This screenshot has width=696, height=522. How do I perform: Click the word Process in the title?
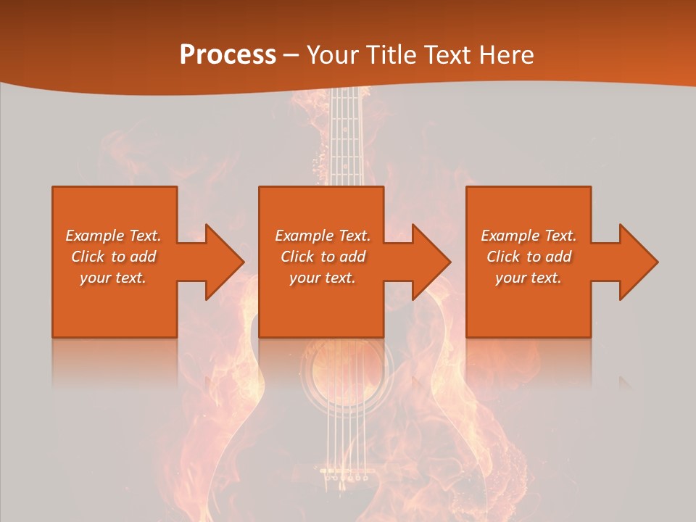pyautogui.click(x=228, y=54)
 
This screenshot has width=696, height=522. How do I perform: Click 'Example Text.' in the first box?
pyautogui.click(x=113, y=236)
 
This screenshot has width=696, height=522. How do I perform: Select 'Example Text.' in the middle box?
pyautogui.click(x=323, y=236)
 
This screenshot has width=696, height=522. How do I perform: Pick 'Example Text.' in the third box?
pyautogui.click(x=529, y=236)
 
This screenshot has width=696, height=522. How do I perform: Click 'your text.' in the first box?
pyautogui.click(x=113, y=278)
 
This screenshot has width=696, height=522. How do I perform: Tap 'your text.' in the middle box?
pyautogui.click(x=323, y=278)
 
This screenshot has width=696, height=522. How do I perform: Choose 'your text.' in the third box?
pyautogui.click(x=529, y=278)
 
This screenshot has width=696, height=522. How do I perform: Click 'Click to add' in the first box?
pyautogui.click(x=113, y=257)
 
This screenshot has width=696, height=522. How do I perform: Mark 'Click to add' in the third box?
pyautogui.click(x=529, y=257)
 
